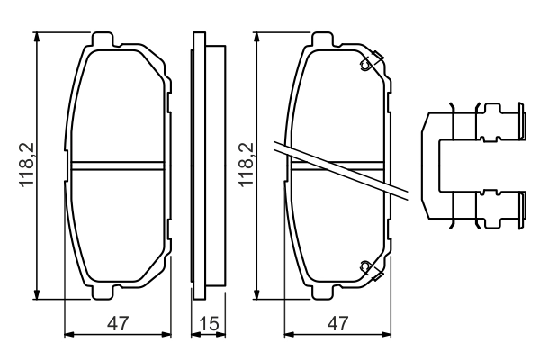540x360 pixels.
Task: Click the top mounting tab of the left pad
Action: click(105, 40)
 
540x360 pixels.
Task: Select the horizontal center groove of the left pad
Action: click(117, 166)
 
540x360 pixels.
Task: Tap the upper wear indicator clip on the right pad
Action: click(367, 65)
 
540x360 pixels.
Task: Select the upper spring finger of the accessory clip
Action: click(499, 122)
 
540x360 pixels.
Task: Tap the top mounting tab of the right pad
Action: click(325, 40)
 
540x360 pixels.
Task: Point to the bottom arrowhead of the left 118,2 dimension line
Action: click(38, 295)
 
